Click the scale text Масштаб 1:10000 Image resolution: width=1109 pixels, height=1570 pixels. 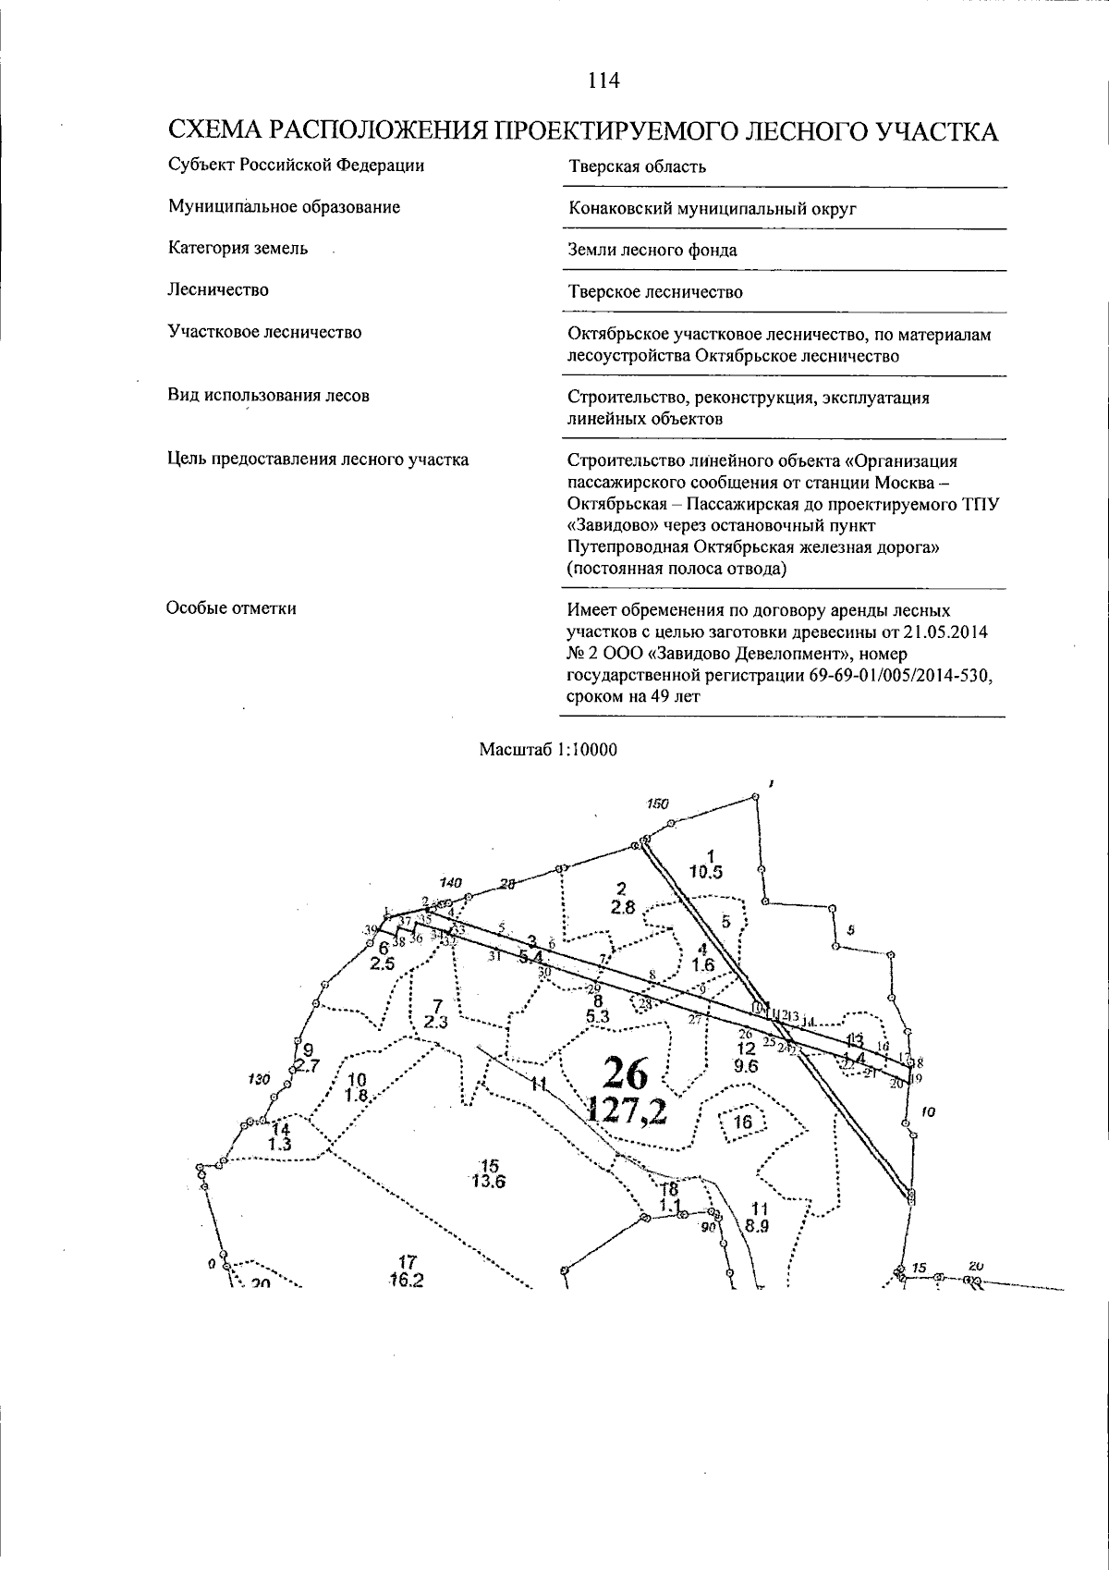pyautogui.click(x=548, y=750)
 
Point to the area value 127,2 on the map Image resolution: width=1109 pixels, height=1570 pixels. pyautogui.click(x=627, y=1110)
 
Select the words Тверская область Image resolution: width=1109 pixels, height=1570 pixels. pyautogui.click(x=637, y=166)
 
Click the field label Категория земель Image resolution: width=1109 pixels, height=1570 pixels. pyautogui.click(x=238, y=249)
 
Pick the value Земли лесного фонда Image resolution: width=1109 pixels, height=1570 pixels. pyautogui.click(x=652, y=250)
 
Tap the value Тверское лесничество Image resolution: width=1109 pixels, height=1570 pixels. pyautogui.click(x=655, y=292)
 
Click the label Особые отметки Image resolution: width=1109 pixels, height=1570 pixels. pyautogui.click(x=232, y=608)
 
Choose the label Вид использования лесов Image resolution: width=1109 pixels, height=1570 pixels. pyautogui.click(x=269, y=396)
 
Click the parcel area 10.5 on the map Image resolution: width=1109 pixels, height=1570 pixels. pyautogui.click(x=706, y=871)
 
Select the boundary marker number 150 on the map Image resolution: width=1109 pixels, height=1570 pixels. pyautogui.click(x=657, y=803)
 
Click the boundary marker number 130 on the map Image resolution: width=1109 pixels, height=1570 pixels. pyautogui.click(x=260, y=1079)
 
